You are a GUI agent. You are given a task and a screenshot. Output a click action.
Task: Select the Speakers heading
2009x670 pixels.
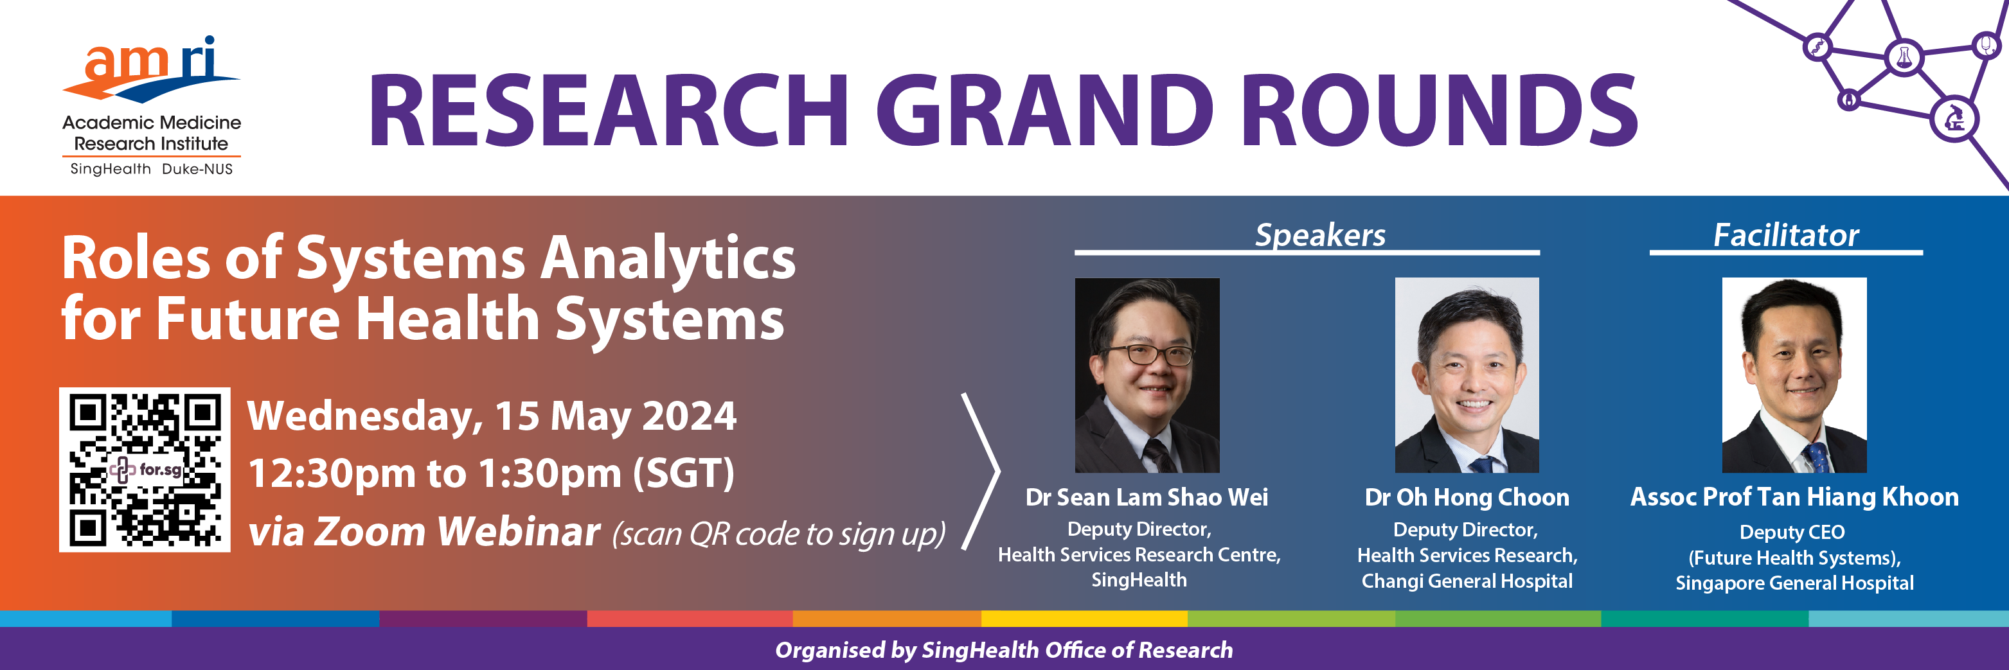click(x=1319, y=234)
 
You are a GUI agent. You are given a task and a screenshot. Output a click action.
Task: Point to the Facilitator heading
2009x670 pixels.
click(x=1786, y=234)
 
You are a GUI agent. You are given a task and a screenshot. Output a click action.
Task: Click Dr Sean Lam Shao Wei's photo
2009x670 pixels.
click(x=1147, y=375)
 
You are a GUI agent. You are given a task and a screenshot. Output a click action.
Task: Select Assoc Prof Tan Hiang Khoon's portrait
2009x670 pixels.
click(x=1794, y=375)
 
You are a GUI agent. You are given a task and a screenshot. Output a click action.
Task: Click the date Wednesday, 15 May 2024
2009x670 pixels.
click(x=492, y=416)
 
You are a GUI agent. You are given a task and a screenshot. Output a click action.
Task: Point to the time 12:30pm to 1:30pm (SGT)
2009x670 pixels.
click(x=492, y=473)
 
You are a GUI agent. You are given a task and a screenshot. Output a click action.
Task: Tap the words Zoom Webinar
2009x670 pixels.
click(x=458, y=532)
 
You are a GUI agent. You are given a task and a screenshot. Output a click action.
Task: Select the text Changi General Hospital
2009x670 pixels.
click(x=1467, y=581)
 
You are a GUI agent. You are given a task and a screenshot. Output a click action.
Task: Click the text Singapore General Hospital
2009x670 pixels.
click(x=1794, y=583)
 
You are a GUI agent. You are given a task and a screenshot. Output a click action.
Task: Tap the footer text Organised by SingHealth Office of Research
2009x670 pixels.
click(x=1004, y=649)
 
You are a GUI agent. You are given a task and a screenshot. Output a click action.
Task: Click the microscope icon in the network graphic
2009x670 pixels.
click(x=1954, y=119)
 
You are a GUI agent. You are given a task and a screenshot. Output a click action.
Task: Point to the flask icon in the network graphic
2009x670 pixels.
click(x=1904, y=58)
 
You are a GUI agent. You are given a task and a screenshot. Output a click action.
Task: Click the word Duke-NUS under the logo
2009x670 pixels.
click(x=197, y=169)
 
